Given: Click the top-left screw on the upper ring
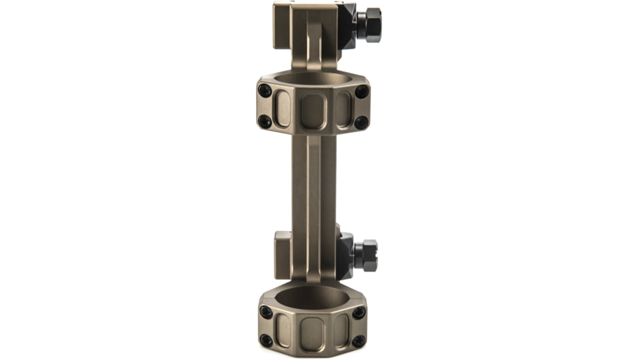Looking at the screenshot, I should coord(265,90).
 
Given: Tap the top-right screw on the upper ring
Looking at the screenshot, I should coord(361,91).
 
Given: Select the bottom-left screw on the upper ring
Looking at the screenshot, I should coord(265,122).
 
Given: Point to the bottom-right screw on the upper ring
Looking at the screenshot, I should coord(361,122).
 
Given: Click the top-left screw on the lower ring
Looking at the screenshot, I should coord(266,312).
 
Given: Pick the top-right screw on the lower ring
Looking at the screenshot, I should coord(359,313).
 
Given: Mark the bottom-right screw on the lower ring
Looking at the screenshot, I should coord(359,341).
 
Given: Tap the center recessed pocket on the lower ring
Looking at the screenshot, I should coord(313,332).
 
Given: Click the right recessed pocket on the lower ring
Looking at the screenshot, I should coord(342,330).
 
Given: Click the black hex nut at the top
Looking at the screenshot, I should coord(372,26).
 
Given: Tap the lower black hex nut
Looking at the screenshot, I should coord(366,255).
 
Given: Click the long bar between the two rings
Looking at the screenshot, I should coord(313,190).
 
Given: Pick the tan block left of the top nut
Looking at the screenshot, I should coord(283,26).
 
